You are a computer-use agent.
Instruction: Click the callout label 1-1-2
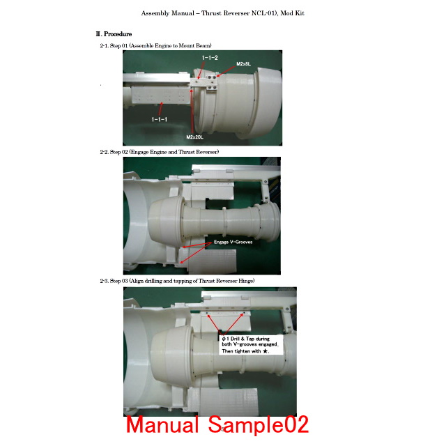(x=210, y=58)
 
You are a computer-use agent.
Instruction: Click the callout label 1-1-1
(x=160, y=119)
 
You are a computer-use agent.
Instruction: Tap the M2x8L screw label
(x=243, y=64)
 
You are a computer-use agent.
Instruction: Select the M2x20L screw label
(x=195, y=137)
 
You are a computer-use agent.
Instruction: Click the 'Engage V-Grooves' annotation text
(x=233, y=242)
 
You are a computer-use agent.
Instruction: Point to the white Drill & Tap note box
(x=252, y=345)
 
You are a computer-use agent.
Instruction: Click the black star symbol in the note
(x=265, y=351)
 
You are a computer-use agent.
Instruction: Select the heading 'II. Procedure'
(x=114, y=34)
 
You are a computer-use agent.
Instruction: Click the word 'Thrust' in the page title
(x=211, y=13)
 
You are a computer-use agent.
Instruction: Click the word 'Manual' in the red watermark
(x=162, y=424)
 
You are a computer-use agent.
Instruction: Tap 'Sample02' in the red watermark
(x=259, y=425)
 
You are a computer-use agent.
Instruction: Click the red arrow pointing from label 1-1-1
(x=161, y=109)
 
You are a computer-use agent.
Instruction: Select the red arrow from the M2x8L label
(x=226, y=71)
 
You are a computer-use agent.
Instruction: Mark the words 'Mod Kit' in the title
(x=293, y=13)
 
